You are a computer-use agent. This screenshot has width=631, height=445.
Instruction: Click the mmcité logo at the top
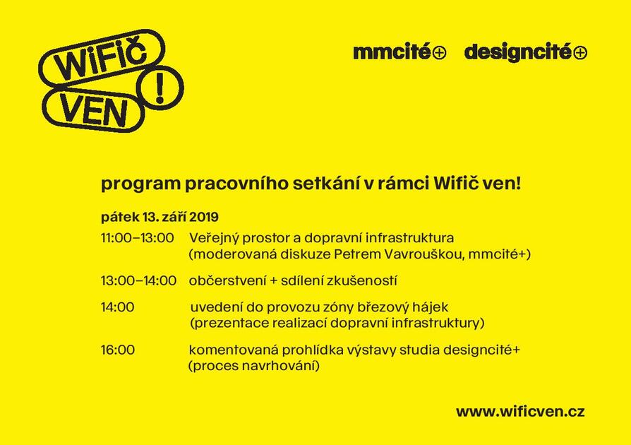399,52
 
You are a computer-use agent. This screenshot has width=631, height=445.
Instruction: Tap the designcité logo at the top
526,53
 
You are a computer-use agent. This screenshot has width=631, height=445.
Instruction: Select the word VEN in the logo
94,111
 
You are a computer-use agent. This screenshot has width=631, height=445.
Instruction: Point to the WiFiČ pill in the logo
102,59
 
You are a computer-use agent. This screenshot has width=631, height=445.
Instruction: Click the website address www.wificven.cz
520,412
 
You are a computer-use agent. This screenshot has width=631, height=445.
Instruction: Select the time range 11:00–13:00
137,238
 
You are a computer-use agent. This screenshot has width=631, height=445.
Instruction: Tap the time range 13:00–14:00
138,280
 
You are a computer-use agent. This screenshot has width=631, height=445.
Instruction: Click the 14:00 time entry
117,307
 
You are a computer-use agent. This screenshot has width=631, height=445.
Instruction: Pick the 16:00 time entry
118,350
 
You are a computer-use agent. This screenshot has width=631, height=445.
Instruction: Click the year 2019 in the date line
203,217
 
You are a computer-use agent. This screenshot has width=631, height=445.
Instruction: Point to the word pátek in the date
119,217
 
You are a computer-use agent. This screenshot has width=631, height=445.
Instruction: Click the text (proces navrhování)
254,367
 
